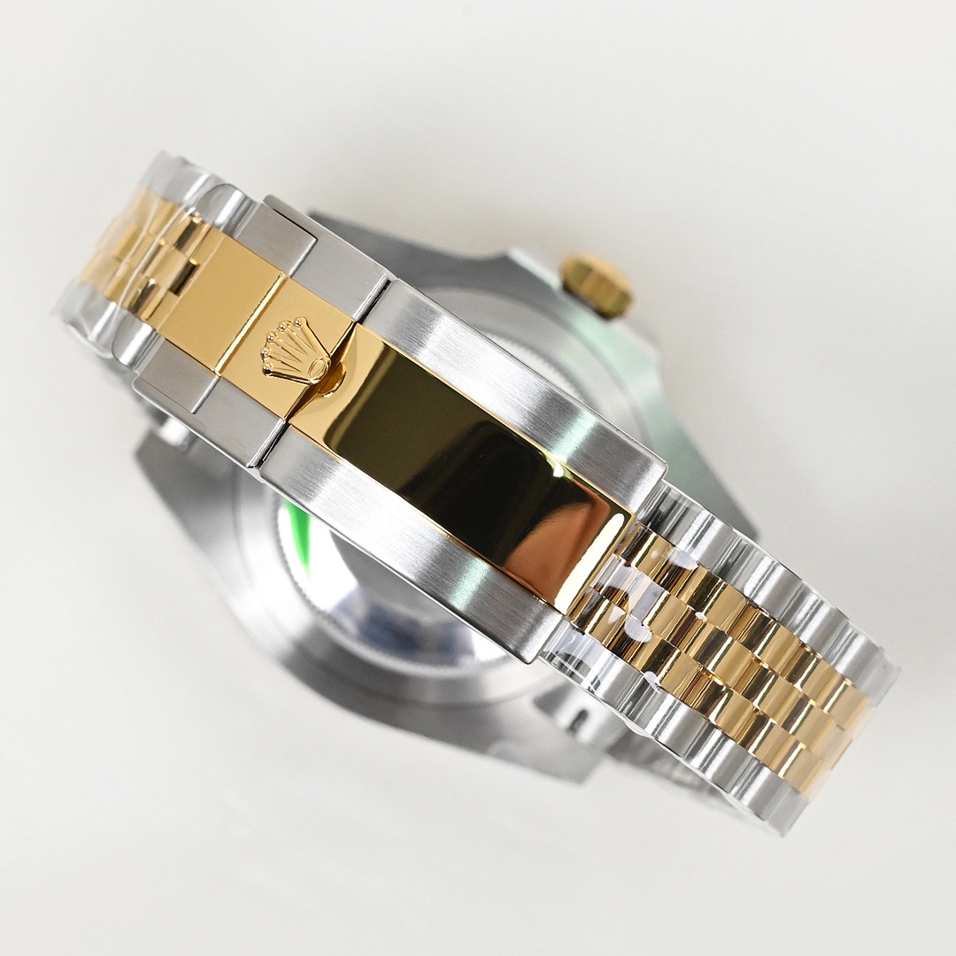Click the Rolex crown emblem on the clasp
pyautogui.click(x=293, y=351)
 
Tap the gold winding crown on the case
pyautogui.click(x=597, y=284)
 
